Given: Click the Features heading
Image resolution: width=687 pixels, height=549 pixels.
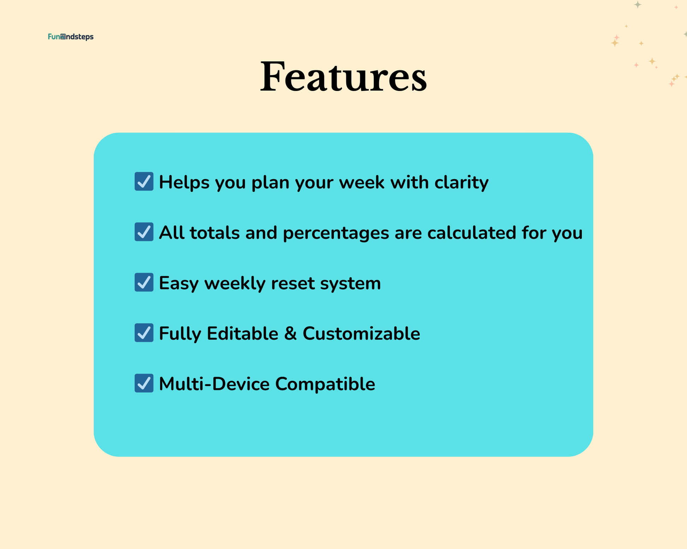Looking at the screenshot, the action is click(343, 77).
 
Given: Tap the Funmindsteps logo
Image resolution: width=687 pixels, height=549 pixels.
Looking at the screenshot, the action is click(71, 37).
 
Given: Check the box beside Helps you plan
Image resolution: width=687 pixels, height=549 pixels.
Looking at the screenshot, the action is click(144, 181).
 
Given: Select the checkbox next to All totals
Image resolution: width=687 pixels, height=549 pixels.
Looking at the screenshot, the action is click(144, 232).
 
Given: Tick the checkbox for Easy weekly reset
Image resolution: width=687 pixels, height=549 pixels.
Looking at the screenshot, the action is click(144, 282).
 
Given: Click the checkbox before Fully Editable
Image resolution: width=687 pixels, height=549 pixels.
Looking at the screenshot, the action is click(144, 333).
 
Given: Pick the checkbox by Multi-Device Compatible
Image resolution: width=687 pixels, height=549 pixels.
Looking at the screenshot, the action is click(144, 383).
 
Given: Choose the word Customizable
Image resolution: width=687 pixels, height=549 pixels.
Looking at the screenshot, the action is click(362, 334).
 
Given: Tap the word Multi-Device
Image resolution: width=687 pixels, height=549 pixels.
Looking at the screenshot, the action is click(214, 384).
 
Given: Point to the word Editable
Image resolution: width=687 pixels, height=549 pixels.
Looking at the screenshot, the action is click(243, 334).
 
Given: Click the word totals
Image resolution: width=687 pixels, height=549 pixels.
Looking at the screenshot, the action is click(215, 233).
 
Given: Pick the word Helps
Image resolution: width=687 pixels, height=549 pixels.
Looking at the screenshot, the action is click(184, 183).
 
